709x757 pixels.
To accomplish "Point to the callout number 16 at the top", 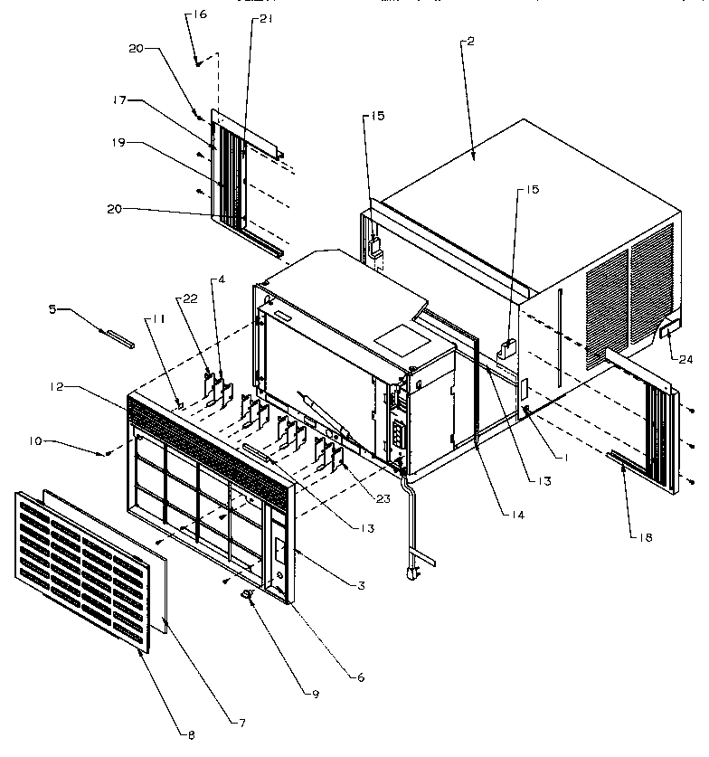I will point(200,15).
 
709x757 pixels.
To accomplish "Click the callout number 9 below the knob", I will point(315,695).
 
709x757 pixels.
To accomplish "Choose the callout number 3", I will point(360,587).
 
